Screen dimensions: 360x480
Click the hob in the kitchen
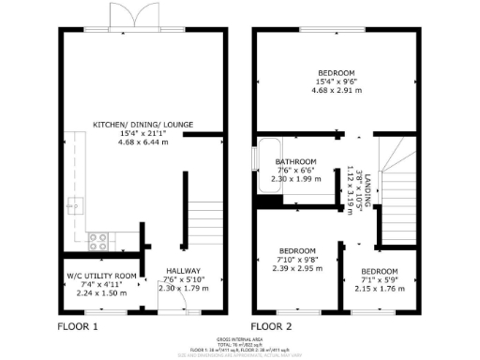(x=98, y=242)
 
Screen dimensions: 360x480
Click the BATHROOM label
(x=295, y=161)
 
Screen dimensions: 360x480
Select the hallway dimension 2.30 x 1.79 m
(x=183, y=288)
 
